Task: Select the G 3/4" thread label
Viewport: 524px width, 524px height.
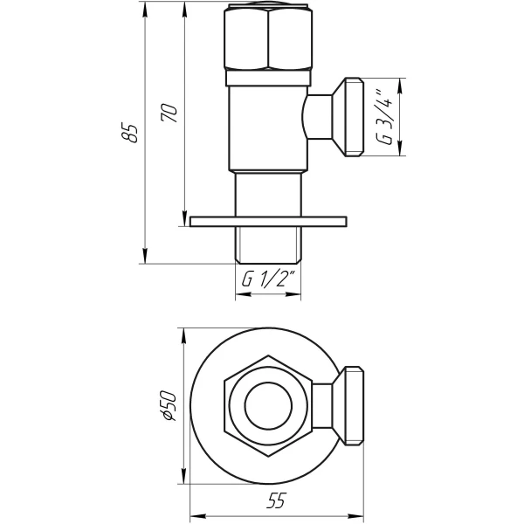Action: (x=383, y=117)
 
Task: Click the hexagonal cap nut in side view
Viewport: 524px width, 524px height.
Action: (x=268, y=39)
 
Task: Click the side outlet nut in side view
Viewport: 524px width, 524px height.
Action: (x=353, y=117)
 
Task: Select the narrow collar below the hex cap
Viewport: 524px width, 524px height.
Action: (x=268, y=79)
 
